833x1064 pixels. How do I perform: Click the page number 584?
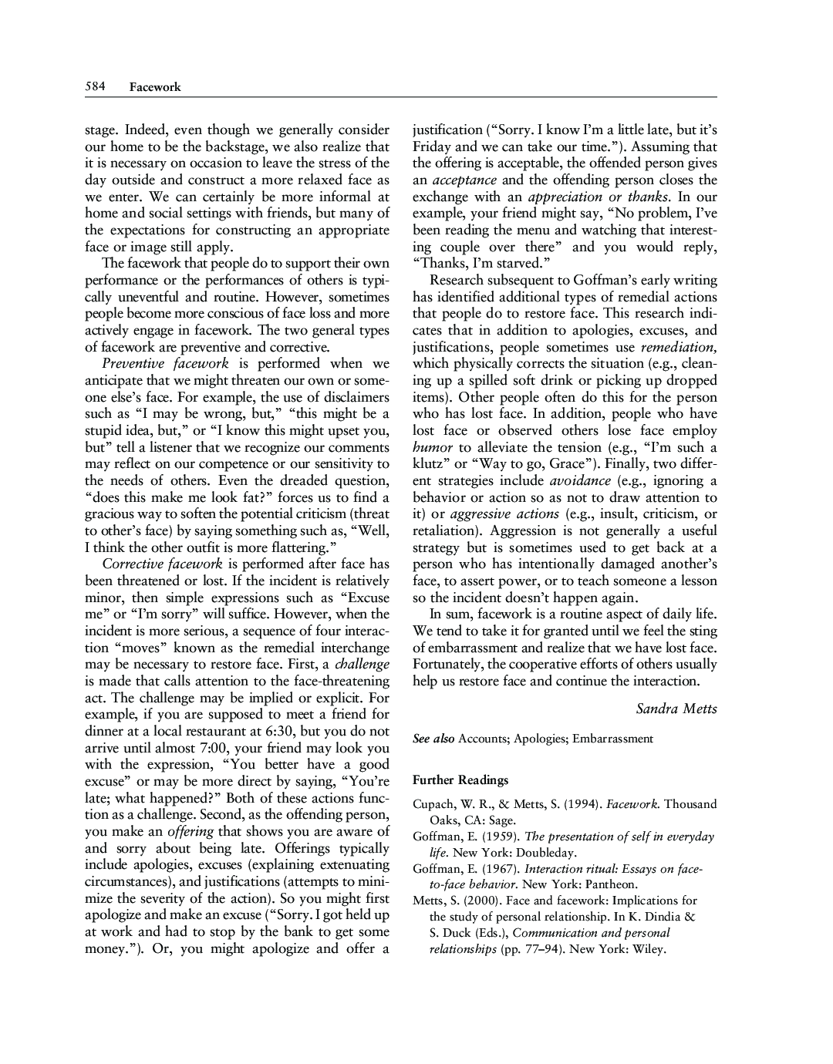coord(95,86)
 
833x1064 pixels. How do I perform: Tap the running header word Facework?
coord(155,87)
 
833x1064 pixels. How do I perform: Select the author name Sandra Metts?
coord(676,709)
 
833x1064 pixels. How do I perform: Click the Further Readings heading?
coord(460,780)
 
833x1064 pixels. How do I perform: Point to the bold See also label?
coord(433,739)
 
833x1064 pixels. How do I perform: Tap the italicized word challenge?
coord(363,665)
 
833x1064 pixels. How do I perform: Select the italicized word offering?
coord(191,831)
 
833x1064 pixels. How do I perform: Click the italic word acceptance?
coord(464,180)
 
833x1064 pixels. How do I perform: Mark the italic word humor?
coord(433,447)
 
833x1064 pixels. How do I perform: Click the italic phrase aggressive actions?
coord(504,514)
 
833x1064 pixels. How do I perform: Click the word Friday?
coord(433,146)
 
